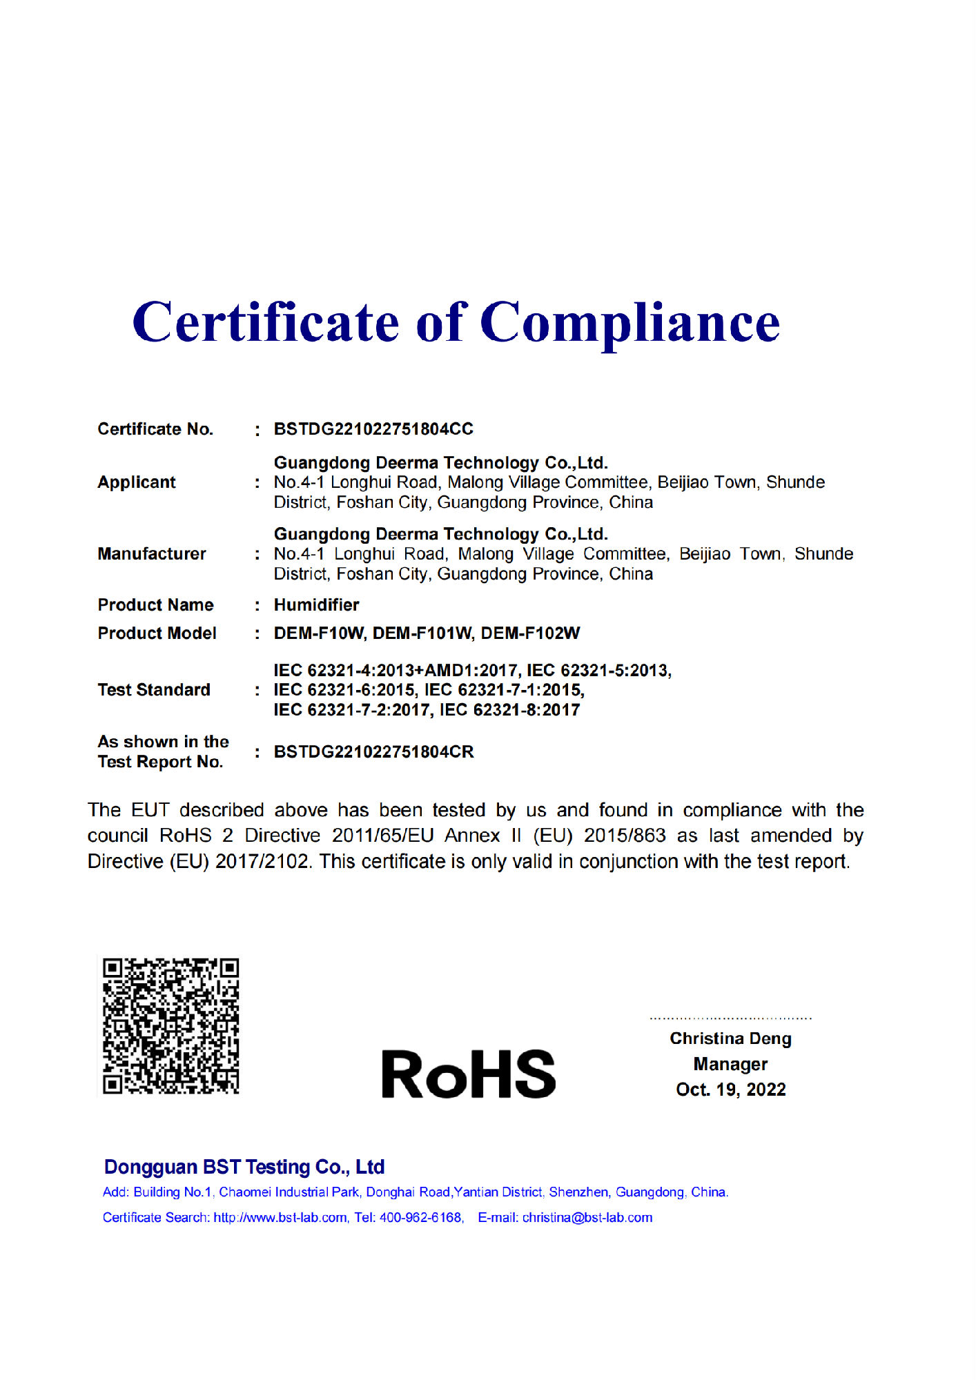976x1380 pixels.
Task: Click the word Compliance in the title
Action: (x=629, y=323)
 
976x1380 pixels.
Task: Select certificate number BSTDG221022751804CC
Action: (x=373, y=429)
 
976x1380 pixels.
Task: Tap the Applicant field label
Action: (x=137, y=482)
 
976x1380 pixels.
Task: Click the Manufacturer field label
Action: (x=152, y=554)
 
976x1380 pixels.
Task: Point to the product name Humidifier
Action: (x=316, y=605)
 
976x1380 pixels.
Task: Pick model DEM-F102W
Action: (x=530, y=633)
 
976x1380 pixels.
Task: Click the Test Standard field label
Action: (x=154, y=690)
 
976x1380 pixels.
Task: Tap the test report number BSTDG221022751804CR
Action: (x=373, y=752)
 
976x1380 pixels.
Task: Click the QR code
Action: (x=170, y=1025)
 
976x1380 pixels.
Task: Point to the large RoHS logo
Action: (x=468, y=1074)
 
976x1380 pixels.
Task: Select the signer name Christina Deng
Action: (x=730, y=1038)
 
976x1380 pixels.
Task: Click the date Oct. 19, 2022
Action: (x=730, y=1090)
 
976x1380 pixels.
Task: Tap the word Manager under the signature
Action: (x=730, y=1064)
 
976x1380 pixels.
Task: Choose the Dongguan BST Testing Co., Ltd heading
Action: (x=244, y=1167)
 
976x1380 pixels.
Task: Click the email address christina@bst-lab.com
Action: (x=587, y=1218)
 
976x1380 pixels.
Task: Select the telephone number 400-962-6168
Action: (x=420, y=1218)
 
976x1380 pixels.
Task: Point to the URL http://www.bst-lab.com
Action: (x=280, y=1218)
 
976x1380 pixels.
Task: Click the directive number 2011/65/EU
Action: (x=382, y=836)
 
